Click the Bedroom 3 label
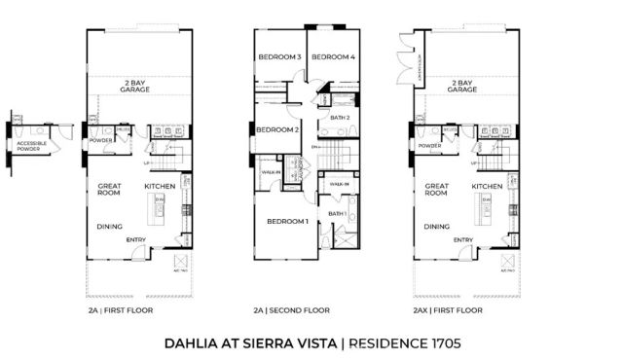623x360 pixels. [279, 57]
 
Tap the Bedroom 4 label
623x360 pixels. [333, 57]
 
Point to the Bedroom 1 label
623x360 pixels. [288, 222]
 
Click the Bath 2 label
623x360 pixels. [341, 118]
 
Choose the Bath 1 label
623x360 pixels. [338, 213]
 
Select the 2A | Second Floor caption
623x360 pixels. [292, 310]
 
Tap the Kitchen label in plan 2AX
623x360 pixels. [487, 186]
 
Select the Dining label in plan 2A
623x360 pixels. [109, 228]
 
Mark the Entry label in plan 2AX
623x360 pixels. [463, 240]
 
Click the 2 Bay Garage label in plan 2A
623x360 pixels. [137, 86]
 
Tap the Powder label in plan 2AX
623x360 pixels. [430, 146]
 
